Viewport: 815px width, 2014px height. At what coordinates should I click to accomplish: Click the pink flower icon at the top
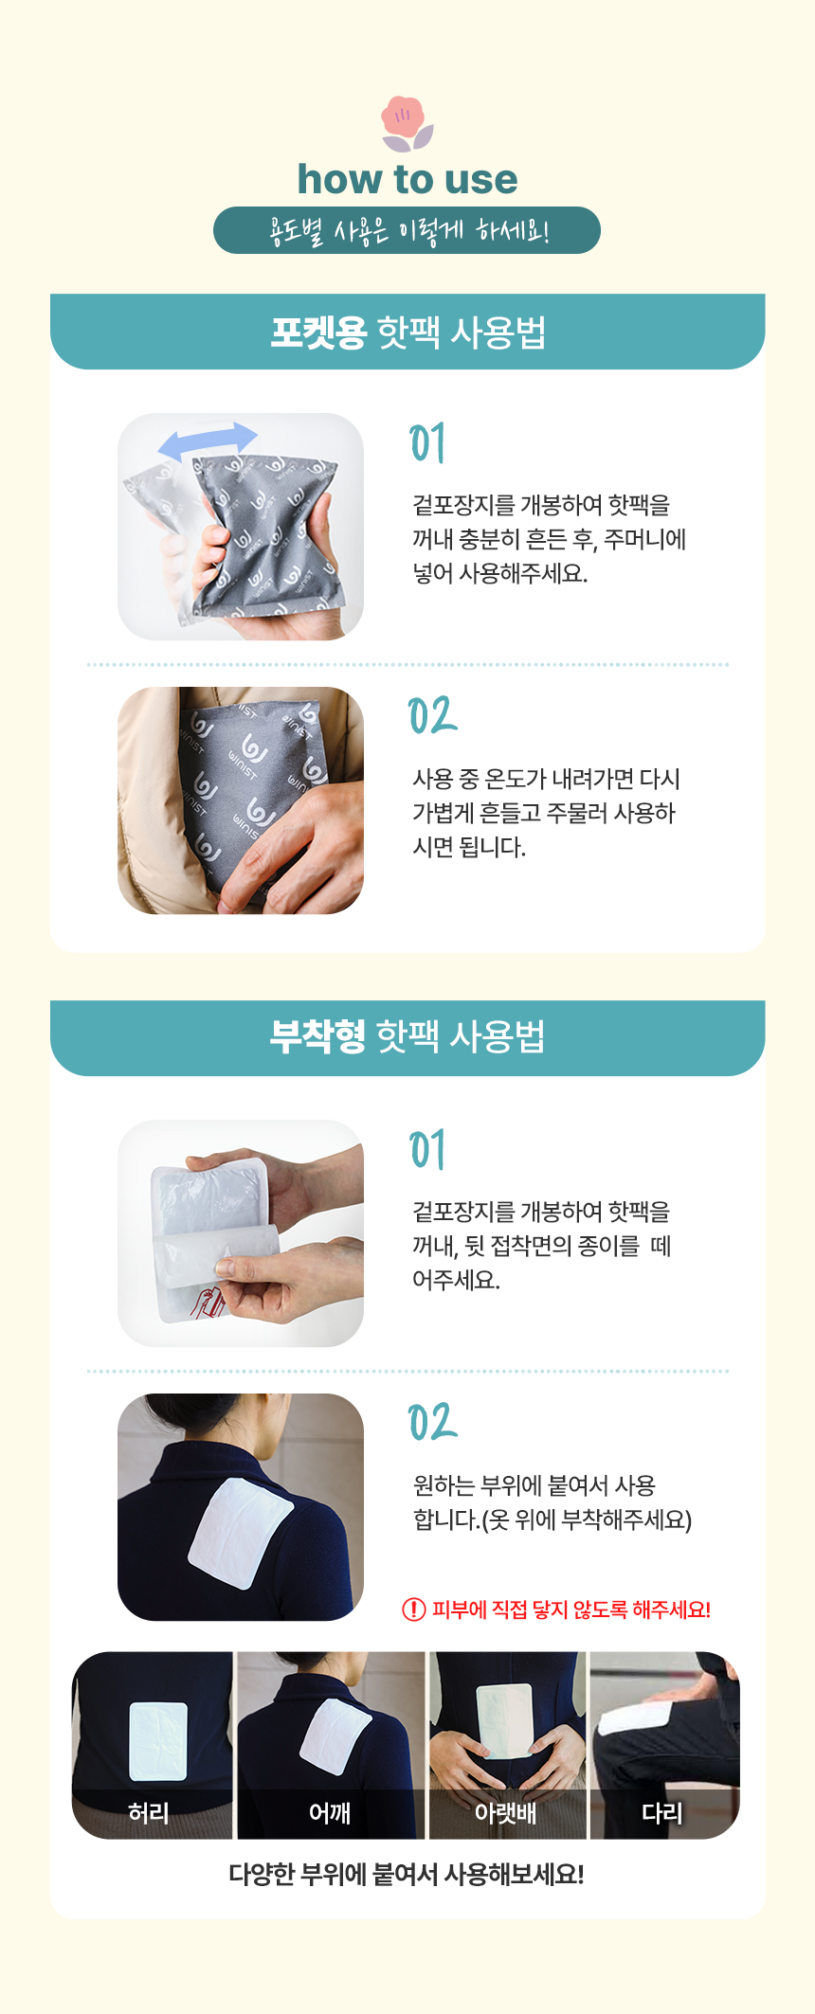(x=407, y=123)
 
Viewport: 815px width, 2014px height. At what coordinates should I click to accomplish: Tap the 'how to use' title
(x=407, y=179)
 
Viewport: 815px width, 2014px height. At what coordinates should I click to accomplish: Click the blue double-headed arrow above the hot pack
(x=208, y=441)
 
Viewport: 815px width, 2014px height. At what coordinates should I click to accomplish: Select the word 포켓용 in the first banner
(x=318, y=332)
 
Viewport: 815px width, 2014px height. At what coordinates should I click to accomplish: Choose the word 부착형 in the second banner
(x=317, y=1036)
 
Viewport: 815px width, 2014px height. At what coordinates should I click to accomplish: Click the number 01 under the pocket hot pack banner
(x=427, y=443)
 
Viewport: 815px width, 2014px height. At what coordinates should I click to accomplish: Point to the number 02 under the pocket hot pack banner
(x=432, y=716)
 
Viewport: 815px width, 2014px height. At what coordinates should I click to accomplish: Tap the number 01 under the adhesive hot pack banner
(x=427, y=1150)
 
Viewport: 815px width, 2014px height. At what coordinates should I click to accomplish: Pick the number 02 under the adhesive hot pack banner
(x=432, y=1423)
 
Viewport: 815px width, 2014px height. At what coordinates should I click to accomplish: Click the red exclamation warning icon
(x=414, y=1609)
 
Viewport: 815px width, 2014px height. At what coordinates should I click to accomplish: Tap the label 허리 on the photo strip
(x=149, y=1813)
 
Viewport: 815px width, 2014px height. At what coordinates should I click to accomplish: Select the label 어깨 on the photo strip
(x=330, y=1813)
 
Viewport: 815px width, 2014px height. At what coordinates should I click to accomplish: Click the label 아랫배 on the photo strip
(x=505, y=1813)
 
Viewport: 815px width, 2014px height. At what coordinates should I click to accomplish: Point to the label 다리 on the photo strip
(x=662, y=1813)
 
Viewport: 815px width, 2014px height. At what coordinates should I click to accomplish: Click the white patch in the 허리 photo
(x=158, y=1741)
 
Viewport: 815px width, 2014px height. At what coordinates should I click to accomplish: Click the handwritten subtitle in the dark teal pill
(x=408, y=230)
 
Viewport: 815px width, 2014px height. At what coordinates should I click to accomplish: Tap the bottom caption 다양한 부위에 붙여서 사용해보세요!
(x=407, y=1874)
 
